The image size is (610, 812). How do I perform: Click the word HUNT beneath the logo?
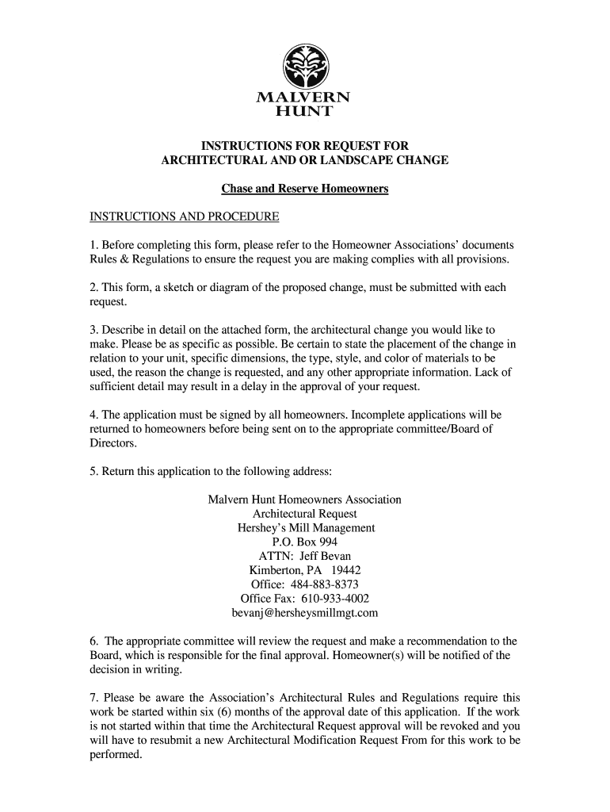304,111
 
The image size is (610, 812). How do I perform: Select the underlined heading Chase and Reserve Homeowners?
304,190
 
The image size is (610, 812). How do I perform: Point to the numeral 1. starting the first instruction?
93,244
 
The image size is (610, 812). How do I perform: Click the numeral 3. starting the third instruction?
93,329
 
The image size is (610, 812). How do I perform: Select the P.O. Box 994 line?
304,542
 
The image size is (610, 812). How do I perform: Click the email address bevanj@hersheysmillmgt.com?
304,613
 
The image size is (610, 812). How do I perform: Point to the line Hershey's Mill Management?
306,528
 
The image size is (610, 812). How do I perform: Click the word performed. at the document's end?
115,755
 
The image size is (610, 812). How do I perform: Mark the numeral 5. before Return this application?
93,471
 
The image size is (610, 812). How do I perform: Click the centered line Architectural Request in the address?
304,514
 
